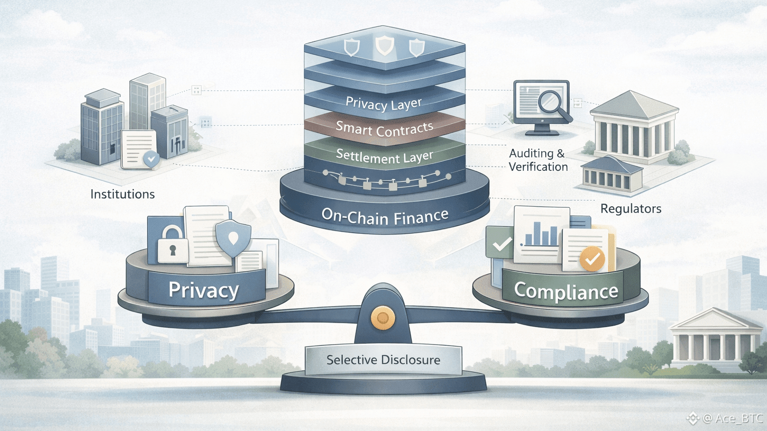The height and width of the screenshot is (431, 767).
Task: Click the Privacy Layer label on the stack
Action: [x=383, y=104]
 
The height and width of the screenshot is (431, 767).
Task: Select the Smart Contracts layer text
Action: [x=384, y=129]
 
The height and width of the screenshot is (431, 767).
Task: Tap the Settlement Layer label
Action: [x=384, y=156]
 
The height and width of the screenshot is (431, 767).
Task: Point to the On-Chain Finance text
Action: [x=384, y=217]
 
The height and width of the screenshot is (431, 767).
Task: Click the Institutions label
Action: [x=122, y=194]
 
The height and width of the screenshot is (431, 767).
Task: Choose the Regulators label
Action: [x=631, y=209]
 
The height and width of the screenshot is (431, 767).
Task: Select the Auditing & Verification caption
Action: [x=538, y=160]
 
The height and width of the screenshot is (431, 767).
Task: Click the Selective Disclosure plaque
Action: [x=383, y=360]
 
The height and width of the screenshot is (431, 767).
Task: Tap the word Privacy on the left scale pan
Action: [x=204, y=290]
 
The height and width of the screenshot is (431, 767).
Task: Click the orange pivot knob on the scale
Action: [x=383, y=318]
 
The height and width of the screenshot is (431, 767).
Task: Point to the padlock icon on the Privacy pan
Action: [x=172, y=245]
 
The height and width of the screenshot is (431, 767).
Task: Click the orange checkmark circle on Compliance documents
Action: [x=592, y=259]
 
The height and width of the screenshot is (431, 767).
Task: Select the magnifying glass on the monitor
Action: [x=553, y=104]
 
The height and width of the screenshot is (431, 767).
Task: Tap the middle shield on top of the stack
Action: [x=384, y=45]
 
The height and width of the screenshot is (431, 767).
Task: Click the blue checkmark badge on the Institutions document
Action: [x=151, y=159]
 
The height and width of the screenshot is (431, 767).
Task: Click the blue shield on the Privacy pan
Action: [x=233, y=237]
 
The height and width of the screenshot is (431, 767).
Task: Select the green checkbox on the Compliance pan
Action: [x=501, y=244]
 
